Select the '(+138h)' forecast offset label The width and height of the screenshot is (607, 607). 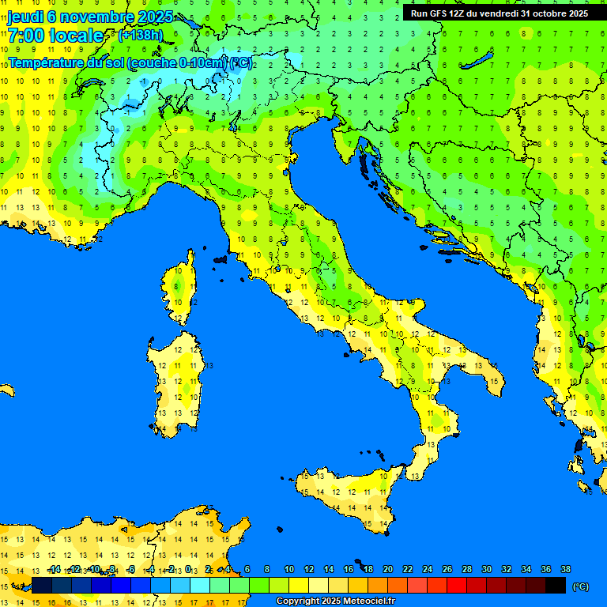(140, 36)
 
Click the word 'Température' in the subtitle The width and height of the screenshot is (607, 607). (45, 63)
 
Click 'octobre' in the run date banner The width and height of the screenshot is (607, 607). (545, 13)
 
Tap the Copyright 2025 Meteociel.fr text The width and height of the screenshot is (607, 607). (334, 601)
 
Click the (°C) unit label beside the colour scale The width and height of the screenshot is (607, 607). (580, 586)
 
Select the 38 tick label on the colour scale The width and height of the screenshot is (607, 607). (566, 570)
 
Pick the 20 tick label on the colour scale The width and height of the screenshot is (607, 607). (388, 570)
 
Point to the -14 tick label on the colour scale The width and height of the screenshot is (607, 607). (54, 570)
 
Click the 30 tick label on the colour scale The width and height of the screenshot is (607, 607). (487, 570)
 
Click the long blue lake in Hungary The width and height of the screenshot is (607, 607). (479, 62)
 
